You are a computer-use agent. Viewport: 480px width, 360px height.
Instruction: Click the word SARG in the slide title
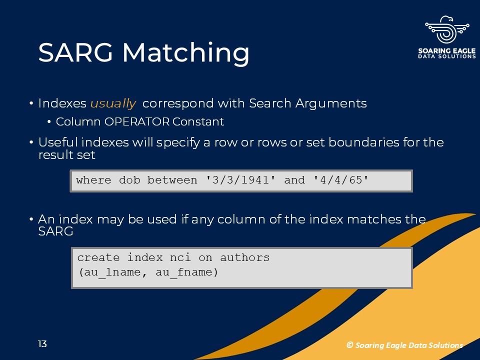pyautogui.click(x=75, y=52)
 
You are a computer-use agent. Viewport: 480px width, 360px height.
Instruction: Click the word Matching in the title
pyautogui.click(x=186, y=53)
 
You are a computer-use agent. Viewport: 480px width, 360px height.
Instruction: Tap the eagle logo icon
pyautogui.click(x=447, y=30)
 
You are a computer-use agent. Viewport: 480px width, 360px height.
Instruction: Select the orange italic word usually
pyautogui.click(x=113, y=103)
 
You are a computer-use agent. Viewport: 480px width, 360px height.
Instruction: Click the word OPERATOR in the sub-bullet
pyautogui.click(x=137, y=121)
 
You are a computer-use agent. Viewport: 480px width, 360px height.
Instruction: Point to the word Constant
pyautogui.click(x=198, y=121)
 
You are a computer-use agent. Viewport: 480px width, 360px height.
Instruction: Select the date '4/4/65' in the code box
pyautogui.click(x=341, y=180)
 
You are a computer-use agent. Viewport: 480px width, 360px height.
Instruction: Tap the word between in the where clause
pyautogui.click(x=172, y=180)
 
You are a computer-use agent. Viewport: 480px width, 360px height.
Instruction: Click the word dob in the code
pyautogui.click(x=129, y=180)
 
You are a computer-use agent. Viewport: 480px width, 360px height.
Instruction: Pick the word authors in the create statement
pyautogui.click(x=244, y=257)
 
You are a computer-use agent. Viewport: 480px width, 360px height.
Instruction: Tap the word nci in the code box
pyautogui.click(x=180, y=257)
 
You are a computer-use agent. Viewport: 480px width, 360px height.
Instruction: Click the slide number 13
pyautogui.click(x=42, y=344)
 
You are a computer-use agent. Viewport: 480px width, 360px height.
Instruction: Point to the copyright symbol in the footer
pyautogui.click(x=349, y=345)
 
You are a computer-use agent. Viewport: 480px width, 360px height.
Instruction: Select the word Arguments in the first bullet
pyautogui.click(x=331, y=104)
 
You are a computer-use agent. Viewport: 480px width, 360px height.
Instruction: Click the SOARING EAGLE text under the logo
pyautogui.click(x=447, y=50)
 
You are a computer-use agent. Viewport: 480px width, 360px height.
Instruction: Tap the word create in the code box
pyautogui.click(x=98, y=257)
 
